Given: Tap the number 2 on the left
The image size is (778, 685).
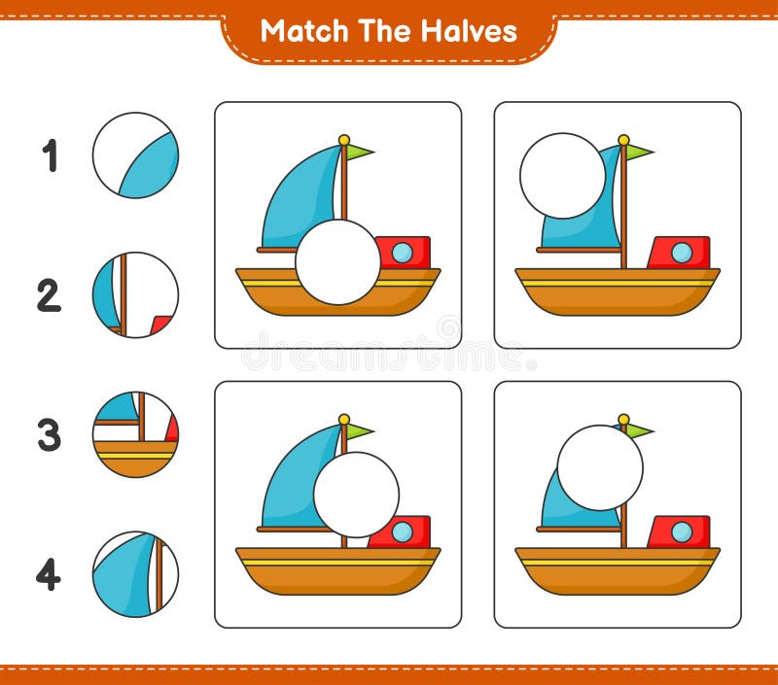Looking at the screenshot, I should [x=50, y=294].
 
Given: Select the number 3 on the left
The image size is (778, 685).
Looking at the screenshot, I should [x=50, y=435].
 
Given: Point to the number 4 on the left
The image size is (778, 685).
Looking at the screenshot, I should [x=50, y=574].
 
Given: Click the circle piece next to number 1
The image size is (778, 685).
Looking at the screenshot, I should [x=135, y=155].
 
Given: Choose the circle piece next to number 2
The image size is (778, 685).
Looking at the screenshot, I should [x=135, y=294].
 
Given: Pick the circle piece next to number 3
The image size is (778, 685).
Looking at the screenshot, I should [x=135, y=434].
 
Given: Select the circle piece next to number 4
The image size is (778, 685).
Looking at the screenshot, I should [x=135, y=573].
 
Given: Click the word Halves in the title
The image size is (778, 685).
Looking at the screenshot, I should [x=469, y=31].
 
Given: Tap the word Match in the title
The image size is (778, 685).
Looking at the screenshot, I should [x=301, y=31].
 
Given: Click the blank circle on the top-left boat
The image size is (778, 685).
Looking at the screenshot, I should [x=337, y=262].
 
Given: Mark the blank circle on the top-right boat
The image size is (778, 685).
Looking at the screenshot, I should [x=562, y=176].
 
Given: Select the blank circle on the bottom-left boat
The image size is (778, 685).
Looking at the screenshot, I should [x=356, y=495].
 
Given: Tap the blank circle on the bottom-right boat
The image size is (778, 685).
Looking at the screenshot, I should [x=599, y=467].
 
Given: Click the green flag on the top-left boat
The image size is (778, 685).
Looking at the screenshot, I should [x=359, y=152].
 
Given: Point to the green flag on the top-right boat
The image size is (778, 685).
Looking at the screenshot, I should [x=639, y=152].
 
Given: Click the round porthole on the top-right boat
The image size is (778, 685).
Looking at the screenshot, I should [x=682, y=253].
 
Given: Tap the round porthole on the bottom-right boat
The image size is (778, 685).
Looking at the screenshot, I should [x=682, y=531].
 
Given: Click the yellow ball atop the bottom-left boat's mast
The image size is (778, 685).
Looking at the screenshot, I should [x=343, y=420].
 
